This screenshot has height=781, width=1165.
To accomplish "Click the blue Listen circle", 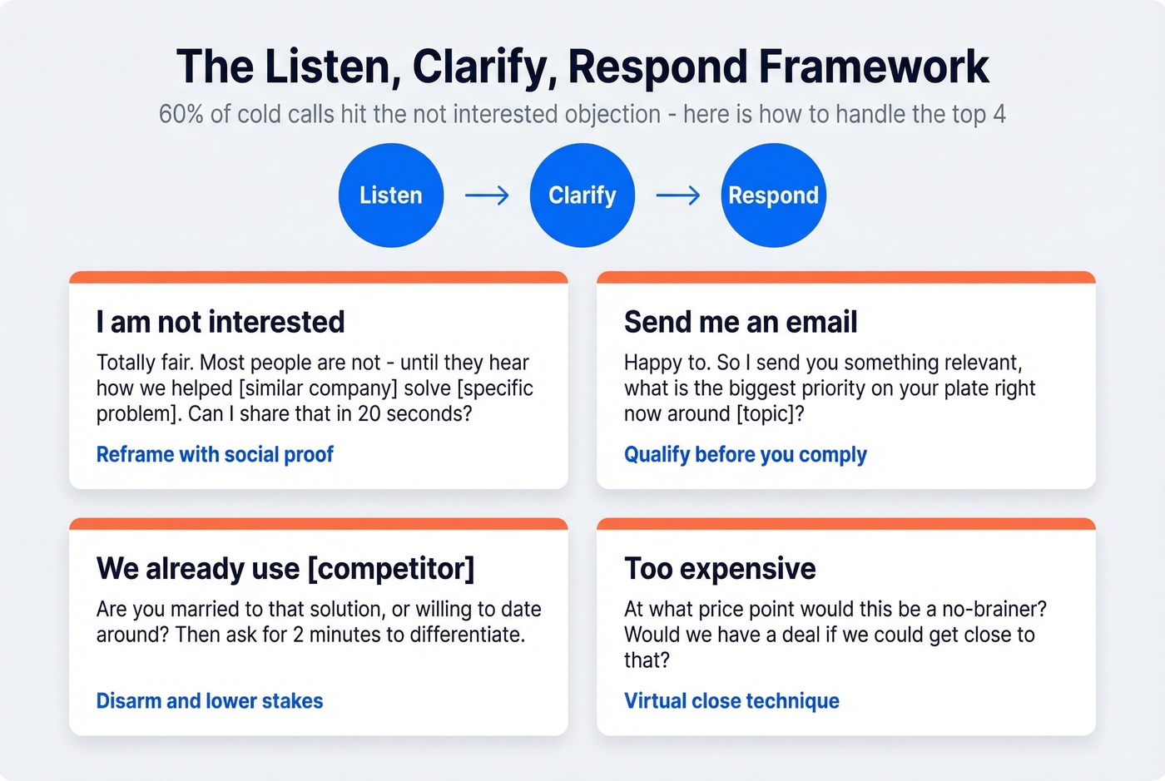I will click(391, 195).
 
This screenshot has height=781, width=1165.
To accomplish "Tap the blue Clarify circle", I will click(582, 195).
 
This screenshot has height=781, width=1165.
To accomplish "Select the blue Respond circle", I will click(773, 195).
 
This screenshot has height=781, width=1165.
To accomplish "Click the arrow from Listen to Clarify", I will click(487, 195).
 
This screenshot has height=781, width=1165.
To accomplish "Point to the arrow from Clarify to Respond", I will click(678, 195).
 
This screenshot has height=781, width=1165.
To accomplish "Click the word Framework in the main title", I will click(874, 67).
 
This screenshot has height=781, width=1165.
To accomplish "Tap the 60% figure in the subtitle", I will click(181, 114).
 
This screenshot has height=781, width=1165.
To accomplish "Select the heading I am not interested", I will click(221, 322).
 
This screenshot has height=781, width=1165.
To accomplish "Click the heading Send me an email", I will click(741, 322).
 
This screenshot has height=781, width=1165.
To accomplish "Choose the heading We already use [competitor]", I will click(285, 569).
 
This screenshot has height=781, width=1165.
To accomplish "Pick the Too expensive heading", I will click(720, 569).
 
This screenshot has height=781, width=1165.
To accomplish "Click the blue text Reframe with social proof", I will click(215, 454).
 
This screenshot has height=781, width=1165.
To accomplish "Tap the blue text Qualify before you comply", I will click(746, 454).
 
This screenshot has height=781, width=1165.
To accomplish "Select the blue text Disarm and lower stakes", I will click(210, 701).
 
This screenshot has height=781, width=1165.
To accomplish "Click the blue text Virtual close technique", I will click(731, 701).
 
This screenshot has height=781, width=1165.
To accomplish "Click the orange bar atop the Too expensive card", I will click(846, 524).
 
